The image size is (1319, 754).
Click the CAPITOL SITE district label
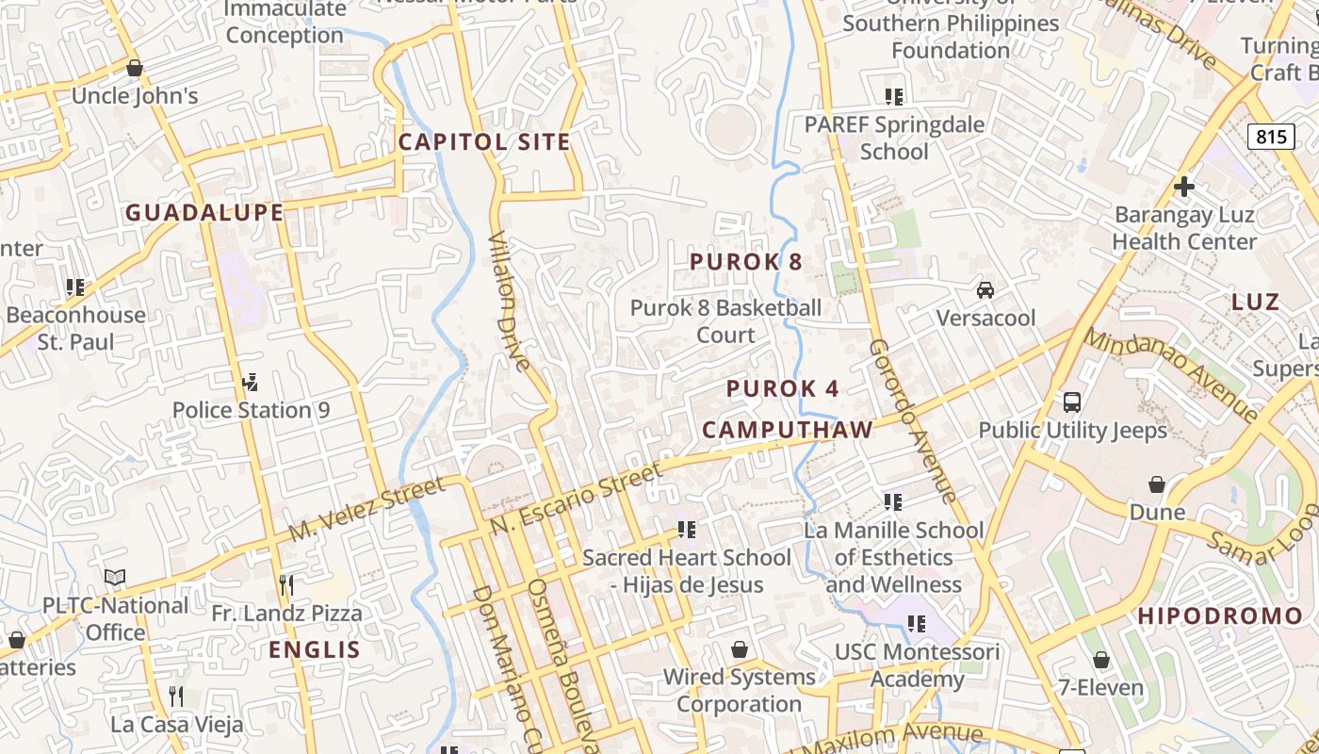tap(484, 142)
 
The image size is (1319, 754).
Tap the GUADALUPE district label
tap(204, 213)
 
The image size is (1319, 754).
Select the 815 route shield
tap(1271, 137)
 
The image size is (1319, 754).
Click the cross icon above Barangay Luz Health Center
tap(1184, 187)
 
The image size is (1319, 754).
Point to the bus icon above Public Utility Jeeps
tap(1072, 402)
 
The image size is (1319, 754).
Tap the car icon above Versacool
tap(985, 290)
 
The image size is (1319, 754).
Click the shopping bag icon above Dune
tap(1157, 484)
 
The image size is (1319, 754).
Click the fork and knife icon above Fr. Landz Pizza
tap(286, 585)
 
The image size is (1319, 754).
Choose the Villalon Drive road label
tap(509, 302)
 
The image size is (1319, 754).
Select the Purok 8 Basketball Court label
tap(725, 321)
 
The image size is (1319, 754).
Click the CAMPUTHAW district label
tap(788, 430)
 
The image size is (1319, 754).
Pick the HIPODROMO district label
tap(1220, 616)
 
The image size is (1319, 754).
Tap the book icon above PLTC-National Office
tap(115, 577)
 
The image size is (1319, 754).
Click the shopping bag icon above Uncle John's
tap(135, 69)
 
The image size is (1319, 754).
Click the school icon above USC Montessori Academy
tap(917, 624)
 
